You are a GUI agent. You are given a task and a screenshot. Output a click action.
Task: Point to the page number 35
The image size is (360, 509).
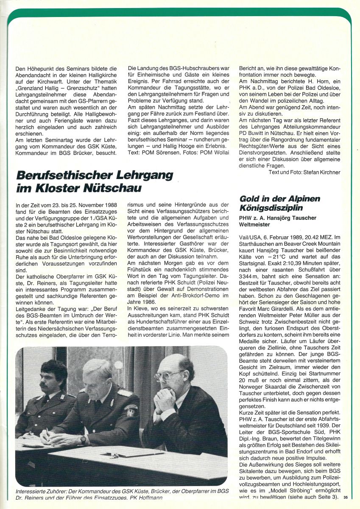[x=346, y=498]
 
